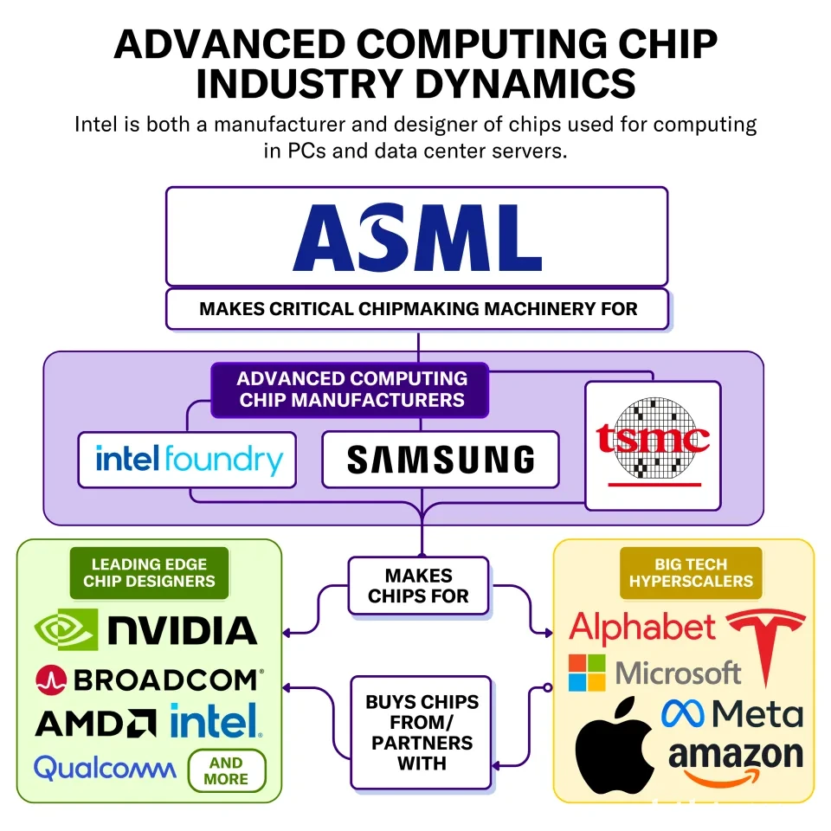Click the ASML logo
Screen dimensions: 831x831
point(417,237)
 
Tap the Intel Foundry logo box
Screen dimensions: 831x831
point(187,460)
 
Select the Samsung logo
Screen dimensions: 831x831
point(441,459)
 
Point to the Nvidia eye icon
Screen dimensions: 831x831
point(67,629)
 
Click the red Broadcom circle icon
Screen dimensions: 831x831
point(51,680)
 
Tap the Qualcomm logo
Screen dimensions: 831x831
point(105,768)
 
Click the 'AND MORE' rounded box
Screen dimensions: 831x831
point(227,770)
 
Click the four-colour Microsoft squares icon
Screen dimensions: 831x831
point(587,673)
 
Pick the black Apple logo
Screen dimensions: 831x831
point(615,745)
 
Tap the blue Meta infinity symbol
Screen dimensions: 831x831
point(683,713)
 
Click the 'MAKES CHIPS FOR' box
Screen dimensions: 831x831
point(419,586)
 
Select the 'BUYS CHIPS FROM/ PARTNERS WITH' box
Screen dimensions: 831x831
point(422,732)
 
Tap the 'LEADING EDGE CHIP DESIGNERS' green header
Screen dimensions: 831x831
point(149,573)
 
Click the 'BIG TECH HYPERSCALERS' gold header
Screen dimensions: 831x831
point(691,573)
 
